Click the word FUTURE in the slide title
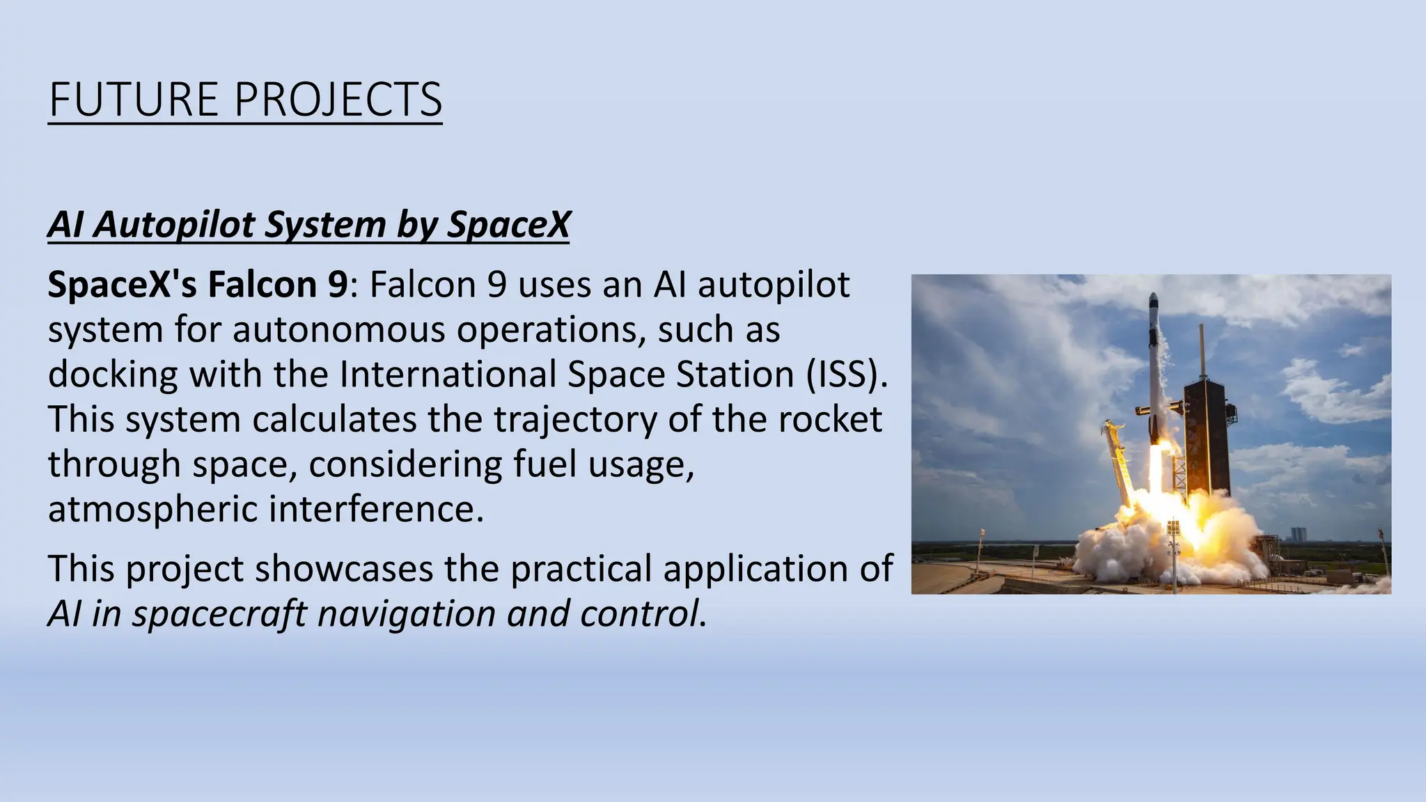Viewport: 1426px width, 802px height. (134, 100)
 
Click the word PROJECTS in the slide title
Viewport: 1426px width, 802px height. (338, 100)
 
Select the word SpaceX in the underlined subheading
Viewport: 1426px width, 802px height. (508, 225)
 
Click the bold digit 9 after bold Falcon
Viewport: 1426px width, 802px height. (337, 285)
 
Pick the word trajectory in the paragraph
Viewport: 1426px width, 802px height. (575, 420)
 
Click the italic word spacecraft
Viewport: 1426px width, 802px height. (219, 614)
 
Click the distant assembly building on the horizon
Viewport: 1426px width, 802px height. (1298, 535)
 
